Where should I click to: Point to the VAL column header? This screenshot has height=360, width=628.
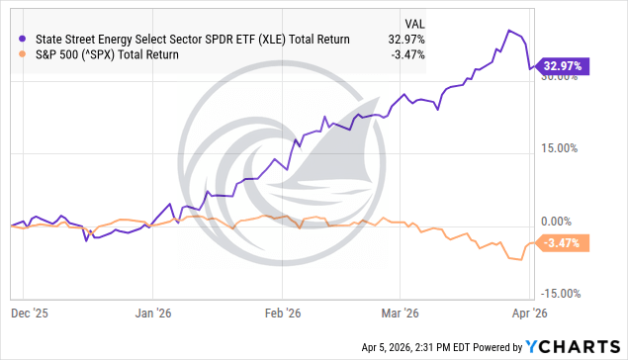pos(416,22)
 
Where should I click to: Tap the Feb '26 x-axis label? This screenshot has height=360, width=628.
pos(283,312)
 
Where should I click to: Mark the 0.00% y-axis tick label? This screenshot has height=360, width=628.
pos(561,222)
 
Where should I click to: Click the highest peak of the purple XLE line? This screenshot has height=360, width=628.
pos(508,30)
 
